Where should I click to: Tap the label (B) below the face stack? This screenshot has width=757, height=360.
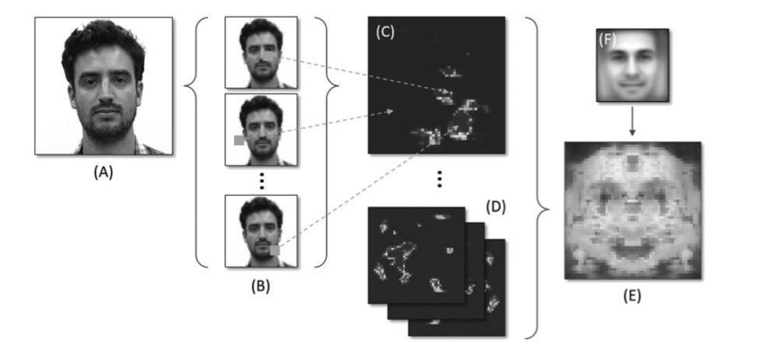pyautogui.click(x=259, y=285)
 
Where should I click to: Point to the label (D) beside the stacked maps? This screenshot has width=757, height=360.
pyautogui.click(x=495, y=208)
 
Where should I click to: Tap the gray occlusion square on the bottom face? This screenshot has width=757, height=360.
pyautogui.click(x=274, y=250)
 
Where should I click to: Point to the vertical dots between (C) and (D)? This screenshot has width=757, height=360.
pyautogui.click(x=440, y=180)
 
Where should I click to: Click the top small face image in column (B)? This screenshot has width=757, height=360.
pyautogui.click(x=261, y=52)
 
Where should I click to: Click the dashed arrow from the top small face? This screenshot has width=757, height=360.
pyautogui.click(x=366, y=77)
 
